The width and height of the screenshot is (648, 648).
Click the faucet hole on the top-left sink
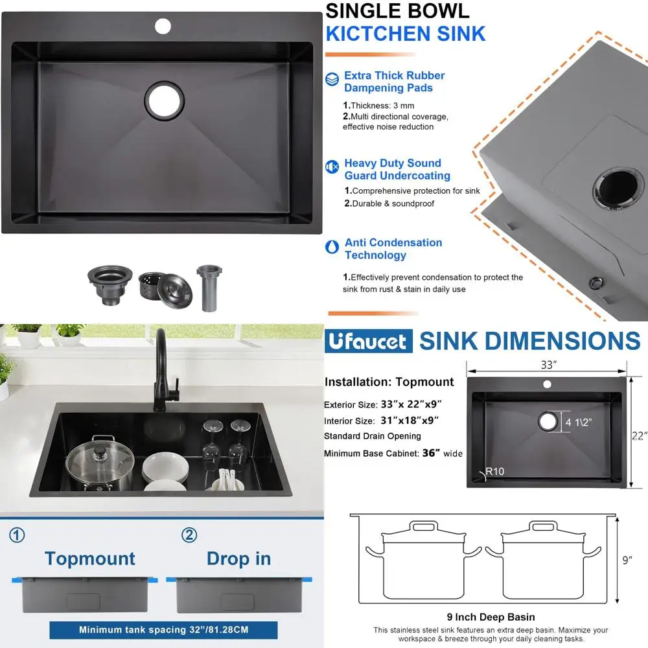163,26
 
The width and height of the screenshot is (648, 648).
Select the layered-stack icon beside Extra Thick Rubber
332,79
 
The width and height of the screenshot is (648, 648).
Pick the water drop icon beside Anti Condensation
332,247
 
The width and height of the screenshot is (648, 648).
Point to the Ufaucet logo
368,341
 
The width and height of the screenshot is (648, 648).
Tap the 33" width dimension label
548,365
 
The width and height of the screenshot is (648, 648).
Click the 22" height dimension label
639,436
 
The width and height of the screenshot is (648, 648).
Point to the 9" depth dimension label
627,560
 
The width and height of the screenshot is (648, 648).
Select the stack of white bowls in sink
165,472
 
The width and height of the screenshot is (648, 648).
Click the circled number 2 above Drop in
189,535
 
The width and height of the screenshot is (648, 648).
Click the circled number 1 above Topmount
17,535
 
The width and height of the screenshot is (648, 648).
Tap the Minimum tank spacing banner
163,629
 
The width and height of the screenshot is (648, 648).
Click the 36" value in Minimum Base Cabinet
431,454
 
